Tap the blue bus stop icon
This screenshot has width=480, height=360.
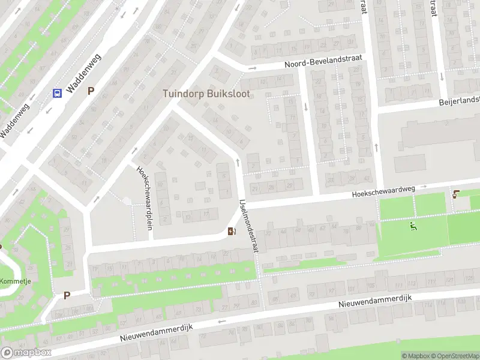point(58,93)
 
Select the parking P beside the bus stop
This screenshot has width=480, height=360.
point(91,91)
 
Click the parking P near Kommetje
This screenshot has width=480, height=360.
point(67,295)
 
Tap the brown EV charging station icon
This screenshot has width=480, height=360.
point(232,231)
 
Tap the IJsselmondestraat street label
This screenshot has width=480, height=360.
point(248,226)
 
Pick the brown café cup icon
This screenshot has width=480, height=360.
point(457,194)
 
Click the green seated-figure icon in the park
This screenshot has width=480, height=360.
point(413,226)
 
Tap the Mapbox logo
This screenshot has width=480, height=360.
point(26,353)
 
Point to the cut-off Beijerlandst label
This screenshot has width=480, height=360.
point(459,100)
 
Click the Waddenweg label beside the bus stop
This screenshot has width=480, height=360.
point(84,73)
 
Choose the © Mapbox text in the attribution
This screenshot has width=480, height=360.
point(416,356)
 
